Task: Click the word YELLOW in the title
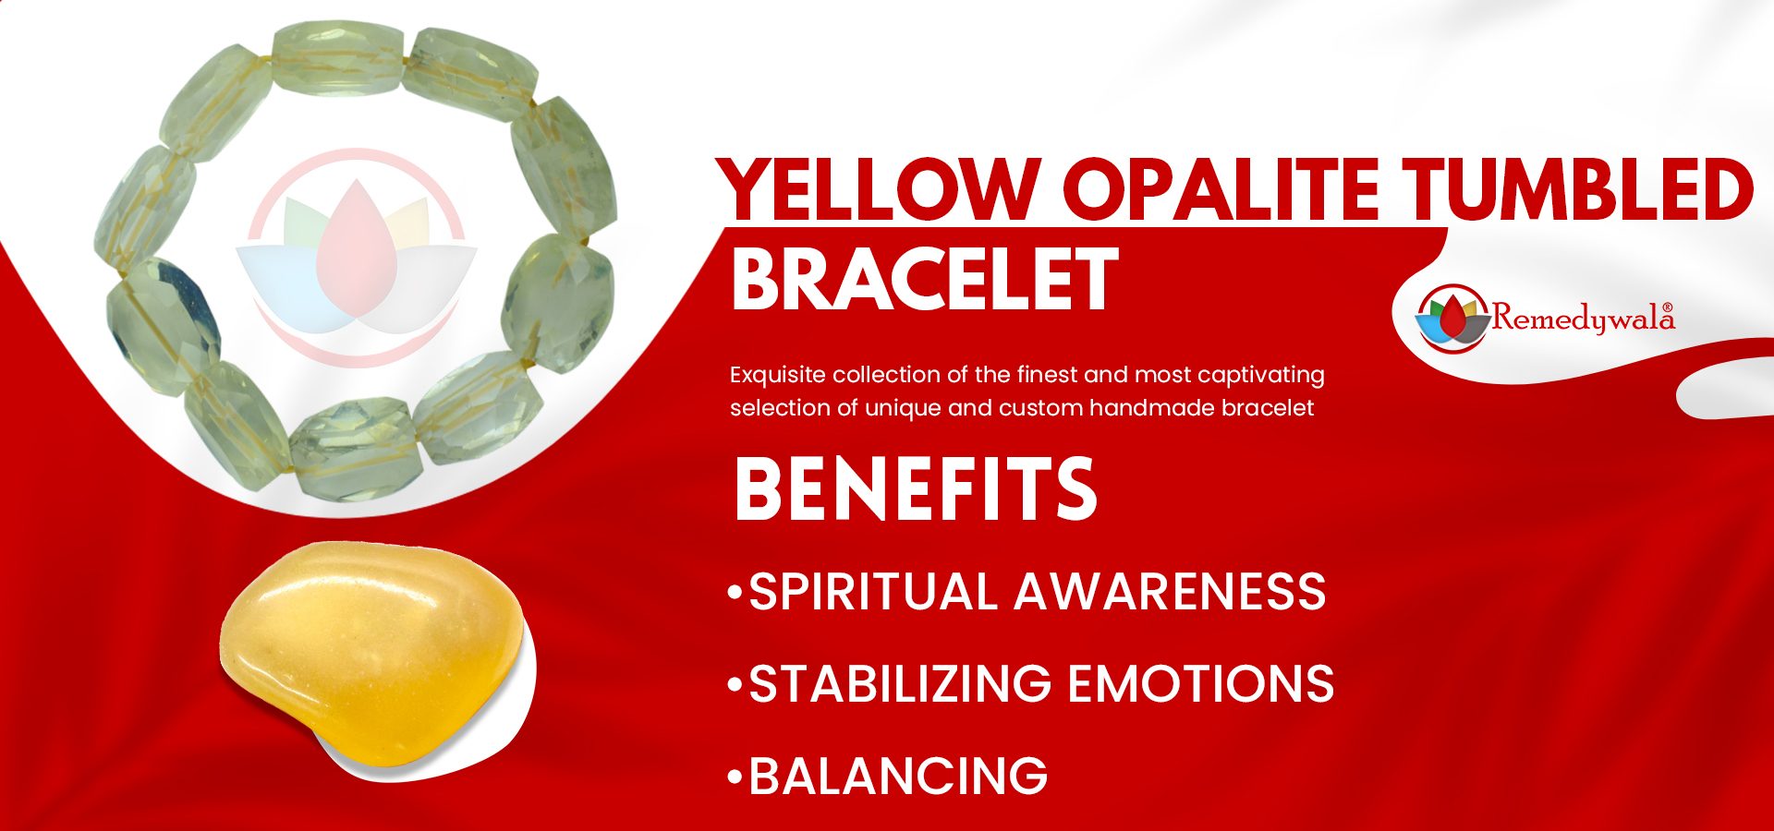point(879,189)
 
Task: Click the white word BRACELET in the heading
point(925,280)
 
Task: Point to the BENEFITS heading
point(916,488)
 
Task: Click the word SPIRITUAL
point(872,591)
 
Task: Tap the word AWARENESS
point(1170,591)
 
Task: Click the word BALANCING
point(898,776)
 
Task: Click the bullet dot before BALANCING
point(735,777)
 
